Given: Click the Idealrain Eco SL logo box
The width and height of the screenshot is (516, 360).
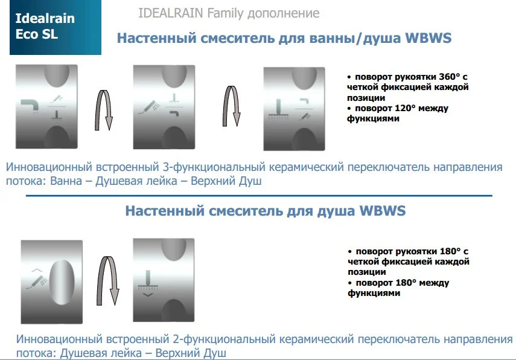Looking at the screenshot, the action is tap(56, 27).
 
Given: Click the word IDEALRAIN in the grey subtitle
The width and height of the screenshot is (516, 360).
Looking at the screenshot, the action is tap(170, 13).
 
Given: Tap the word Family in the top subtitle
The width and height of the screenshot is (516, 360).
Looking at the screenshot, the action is tap(226, 13).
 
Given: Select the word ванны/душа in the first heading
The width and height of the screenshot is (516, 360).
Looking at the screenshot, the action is tap(355, 38).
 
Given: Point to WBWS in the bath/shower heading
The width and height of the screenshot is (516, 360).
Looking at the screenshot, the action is tap(428, 38).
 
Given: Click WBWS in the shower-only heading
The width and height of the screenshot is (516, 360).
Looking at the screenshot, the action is tap(383, 211).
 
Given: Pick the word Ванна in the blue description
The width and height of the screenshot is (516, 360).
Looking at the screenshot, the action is tap(66, 181).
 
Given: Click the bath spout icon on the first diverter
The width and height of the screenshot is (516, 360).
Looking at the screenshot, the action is tap(30, 106).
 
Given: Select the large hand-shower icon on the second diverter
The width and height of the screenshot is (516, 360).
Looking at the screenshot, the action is tap(149, 107).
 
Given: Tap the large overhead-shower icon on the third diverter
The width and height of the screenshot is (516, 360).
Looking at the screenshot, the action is tap(278, 109).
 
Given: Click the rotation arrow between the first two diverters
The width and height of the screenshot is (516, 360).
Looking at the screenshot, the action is tap(104, 110).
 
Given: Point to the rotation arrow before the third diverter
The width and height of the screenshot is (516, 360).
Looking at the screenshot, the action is tap(232, 106).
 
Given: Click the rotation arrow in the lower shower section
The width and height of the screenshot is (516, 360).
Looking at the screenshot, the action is tap(107, 281).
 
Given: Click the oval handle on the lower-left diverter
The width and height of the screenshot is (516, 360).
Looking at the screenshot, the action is tap(62, 282).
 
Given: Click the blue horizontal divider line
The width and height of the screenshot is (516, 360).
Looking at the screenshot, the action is tap(259, 196).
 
